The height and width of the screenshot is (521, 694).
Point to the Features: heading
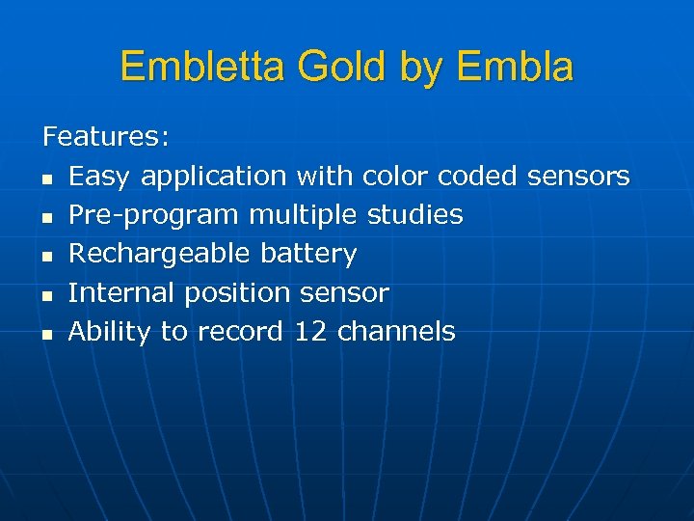click(x=107, y=137)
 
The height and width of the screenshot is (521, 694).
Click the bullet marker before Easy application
click(x=47, y=178)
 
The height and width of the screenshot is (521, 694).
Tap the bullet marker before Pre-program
click(x=47, y=217)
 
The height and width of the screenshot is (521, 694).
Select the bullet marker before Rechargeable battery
click(x=47, y=257)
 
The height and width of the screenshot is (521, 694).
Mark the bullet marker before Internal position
click(x=47, y=295)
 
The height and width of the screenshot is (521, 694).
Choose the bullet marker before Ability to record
click(x=47, y=335)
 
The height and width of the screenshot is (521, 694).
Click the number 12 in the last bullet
click(x=310, y=332)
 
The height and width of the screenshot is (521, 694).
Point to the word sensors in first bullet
click(x=577, y=177)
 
